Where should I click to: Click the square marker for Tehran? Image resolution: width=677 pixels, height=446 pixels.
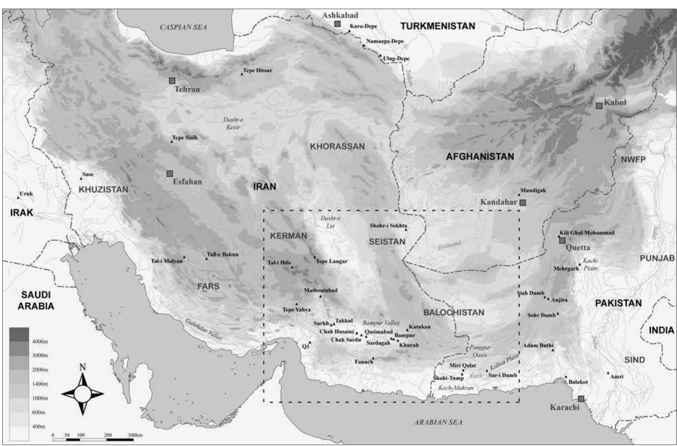[x=172, y=81]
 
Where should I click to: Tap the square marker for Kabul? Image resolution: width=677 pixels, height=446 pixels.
[x=599, y=105]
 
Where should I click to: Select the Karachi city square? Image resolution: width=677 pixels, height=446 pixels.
[x=581, y=399]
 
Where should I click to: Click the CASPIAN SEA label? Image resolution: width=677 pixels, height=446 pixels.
[x=183, y=27]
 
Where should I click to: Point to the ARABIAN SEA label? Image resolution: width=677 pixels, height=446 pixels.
[x=438, y=422]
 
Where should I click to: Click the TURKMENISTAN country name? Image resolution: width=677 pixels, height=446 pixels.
[x=438, y=26]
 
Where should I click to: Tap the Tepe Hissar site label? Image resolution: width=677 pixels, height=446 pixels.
[x=257, y=70]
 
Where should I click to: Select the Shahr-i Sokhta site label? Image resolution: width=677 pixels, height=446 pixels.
[x=388, y=225]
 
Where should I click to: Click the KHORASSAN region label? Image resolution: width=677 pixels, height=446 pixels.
[x=337, y=146]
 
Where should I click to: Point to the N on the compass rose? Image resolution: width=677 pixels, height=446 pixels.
[x=83, y=367]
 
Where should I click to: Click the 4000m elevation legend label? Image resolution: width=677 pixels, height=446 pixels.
[x=40, y=342]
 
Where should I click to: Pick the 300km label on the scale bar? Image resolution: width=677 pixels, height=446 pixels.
[x=135, y=435]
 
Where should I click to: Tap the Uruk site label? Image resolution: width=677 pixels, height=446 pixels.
[x=26, y=193]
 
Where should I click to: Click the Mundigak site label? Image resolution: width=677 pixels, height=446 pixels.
[x=533, y=190]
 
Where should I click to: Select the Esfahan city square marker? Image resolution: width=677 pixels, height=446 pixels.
[x=170, y=174]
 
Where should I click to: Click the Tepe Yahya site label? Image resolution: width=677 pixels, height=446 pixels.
[x=296, y=310]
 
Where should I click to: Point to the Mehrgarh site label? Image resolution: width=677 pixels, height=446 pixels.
[x=566, y=268]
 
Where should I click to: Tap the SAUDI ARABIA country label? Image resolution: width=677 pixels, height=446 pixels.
[x=36, y=300]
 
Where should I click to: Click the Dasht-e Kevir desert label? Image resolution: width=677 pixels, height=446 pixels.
[x=233, y=123]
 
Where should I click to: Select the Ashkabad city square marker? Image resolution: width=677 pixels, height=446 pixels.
[x=337, y=24]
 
